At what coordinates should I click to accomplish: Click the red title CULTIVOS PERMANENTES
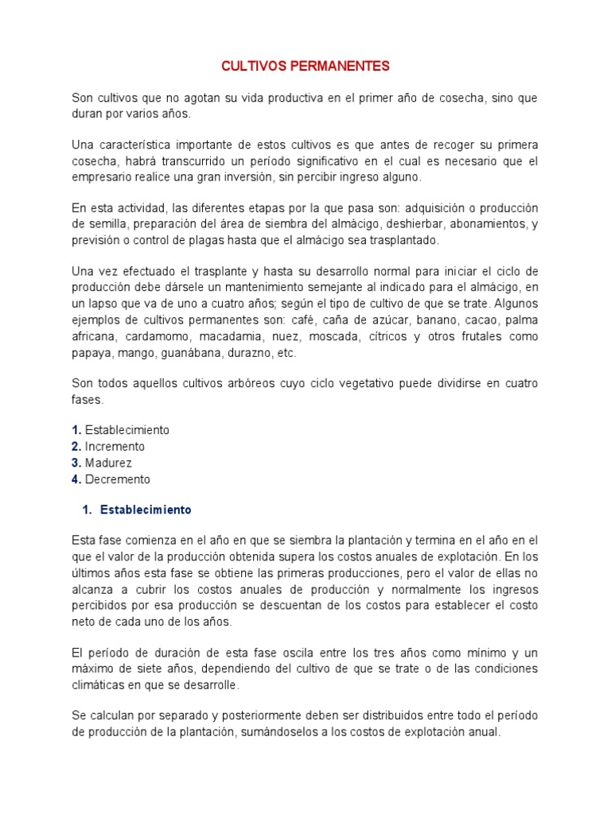click(x=305, y=67)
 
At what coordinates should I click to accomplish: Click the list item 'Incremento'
click(x=115, y=447)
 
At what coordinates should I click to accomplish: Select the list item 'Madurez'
click(x=108, y=463)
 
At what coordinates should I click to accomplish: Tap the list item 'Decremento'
click(x=118, y=479)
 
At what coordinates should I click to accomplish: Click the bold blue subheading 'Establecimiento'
click(x=146, y=510)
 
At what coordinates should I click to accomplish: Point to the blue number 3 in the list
click(x=76, y=463)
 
